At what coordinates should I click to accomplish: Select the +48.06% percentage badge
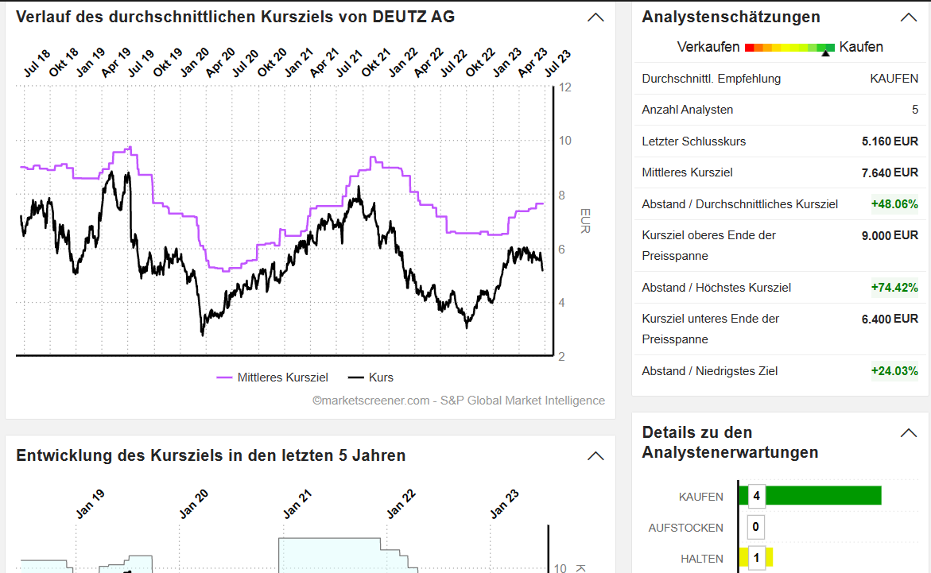(x=894, y=204)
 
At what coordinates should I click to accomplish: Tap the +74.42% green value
(x=894, y=288)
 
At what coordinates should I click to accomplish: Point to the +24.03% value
(x=894, y=371)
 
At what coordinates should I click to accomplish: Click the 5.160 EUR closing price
(x=889, y=141)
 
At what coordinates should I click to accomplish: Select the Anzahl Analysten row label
(x=688, y=110)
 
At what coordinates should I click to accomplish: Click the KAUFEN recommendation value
(x=894, y=79)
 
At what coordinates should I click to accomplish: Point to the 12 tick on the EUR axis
(x=565, y=87)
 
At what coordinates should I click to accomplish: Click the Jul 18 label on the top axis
(x=36, y=64)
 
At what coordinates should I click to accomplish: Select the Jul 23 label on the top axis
(x=557, y=64)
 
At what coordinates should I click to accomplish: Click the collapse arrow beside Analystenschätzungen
(x=908, y=17)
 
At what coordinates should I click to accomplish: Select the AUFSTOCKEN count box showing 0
(x=755, y=527)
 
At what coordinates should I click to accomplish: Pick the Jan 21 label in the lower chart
(x=297, y=505)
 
